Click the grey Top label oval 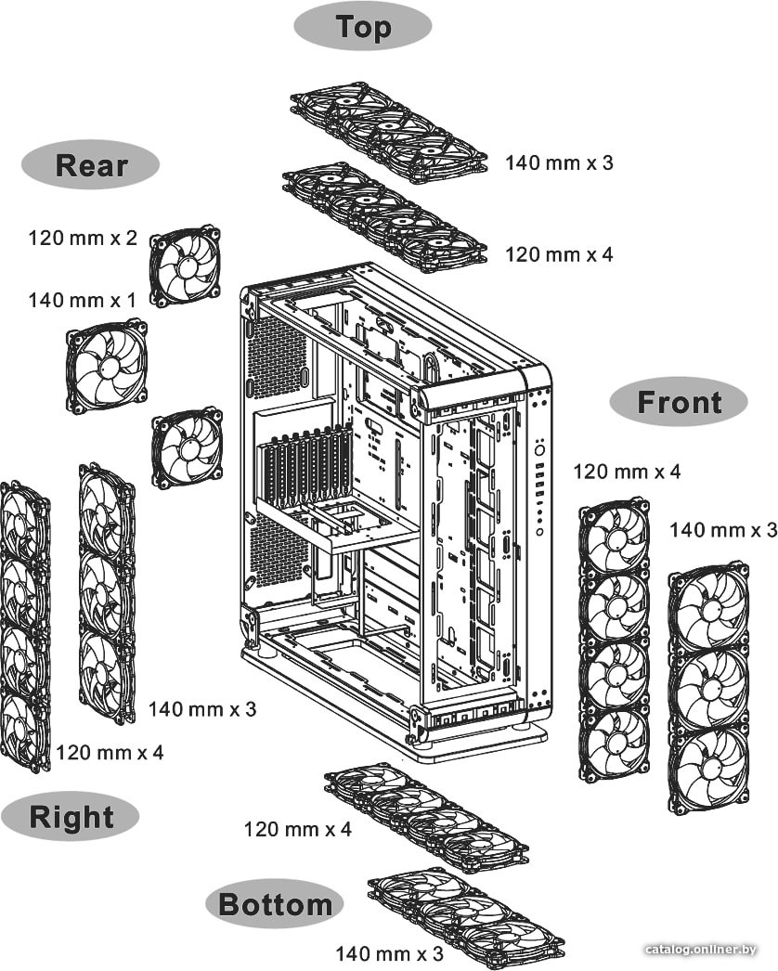362,27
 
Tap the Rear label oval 90,164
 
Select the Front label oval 679,402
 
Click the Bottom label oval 275,903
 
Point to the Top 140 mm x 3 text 559,162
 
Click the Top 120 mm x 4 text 559,254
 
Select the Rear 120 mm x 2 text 83,238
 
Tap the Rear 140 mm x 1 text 82,301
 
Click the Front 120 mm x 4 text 627,472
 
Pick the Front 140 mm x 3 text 723,530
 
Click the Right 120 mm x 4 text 110,753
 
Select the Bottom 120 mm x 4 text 297,829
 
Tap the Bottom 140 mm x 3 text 390,953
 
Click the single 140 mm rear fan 107,367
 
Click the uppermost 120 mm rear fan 185,267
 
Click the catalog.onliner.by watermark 701,950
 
